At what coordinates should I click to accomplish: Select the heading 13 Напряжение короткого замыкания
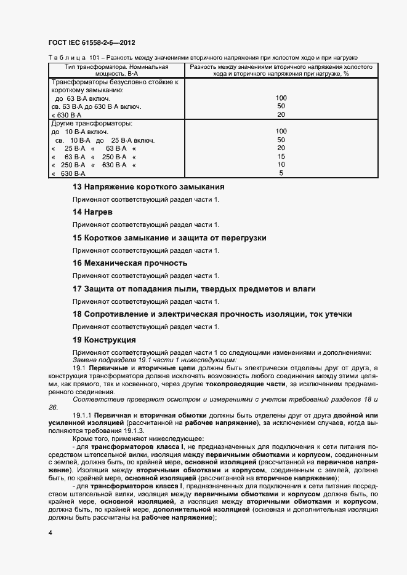pyautogui.click(x=148, y=186)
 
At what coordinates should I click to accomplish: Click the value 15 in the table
pyautogui.click(x=281, y=157)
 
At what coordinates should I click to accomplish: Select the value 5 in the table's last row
pyautogui.click(x=281, y=173)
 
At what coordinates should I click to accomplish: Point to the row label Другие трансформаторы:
pyautogui.click(x=88, y=123)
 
